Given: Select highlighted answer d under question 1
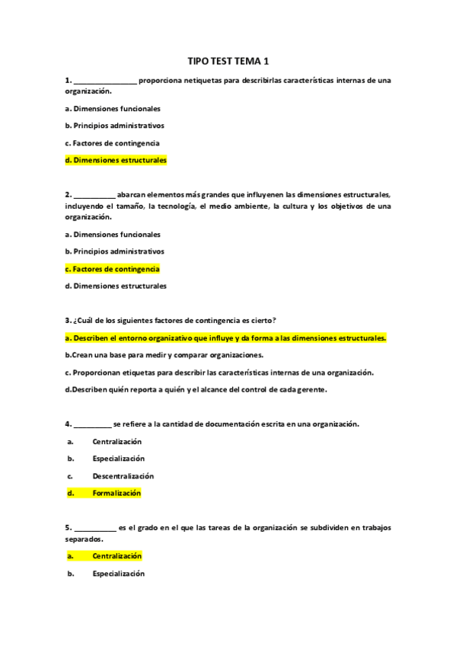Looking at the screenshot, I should pos(116,160).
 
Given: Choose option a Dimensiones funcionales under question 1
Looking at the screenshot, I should pos(113,108).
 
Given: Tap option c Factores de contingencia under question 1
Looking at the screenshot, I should pos(112,142).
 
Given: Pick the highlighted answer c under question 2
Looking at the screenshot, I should pos(112,269).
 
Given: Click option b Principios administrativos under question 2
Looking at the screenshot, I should pos(114,251).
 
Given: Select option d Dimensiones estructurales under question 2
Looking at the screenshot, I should pos(116,286).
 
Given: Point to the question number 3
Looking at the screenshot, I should pos(68,320).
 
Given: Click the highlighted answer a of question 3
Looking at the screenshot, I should pos(226,337).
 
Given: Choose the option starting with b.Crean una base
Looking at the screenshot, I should pos(164,355).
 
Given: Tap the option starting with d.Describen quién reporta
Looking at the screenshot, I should pos(196,389).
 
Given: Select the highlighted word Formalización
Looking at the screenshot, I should pos(116,493).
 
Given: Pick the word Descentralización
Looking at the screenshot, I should pos(123,476).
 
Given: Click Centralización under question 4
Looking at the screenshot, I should pos(116,441).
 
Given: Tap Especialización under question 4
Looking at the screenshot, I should pos(118,459).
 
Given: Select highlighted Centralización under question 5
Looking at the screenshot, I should pos(116,556).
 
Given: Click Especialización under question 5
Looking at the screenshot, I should pos(118,574).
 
